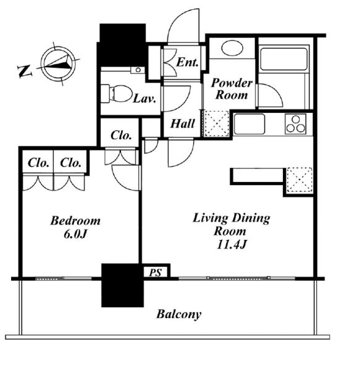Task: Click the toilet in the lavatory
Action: coord(116,94)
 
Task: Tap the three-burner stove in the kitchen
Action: coord(296,124)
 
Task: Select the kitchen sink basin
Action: coord(249,124)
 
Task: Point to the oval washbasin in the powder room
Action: coord(232,48)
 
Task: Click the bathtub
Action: coord(284,59)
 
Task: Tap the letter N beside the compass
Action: coord(25,71)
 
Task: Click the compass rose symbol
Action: coord(58,64)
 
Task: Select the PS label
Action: coord(155,273)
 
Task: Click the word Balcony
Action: coord(179,314)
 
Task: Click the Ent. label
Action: coord(187,62)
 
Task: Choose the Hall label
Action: coord(183,123)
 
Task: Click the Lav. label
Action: coord(144,99)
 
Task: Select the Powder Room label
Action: coord(232,89)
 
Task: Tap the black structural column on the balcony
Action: coord(123,286)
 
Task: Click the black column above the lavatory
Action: coord(123,45)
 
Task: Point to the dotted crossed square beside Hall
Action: coord(216,123)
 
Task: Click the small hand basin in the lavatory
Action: coord(138,70)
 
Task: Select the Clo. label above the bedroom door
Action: coord(121,135)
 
